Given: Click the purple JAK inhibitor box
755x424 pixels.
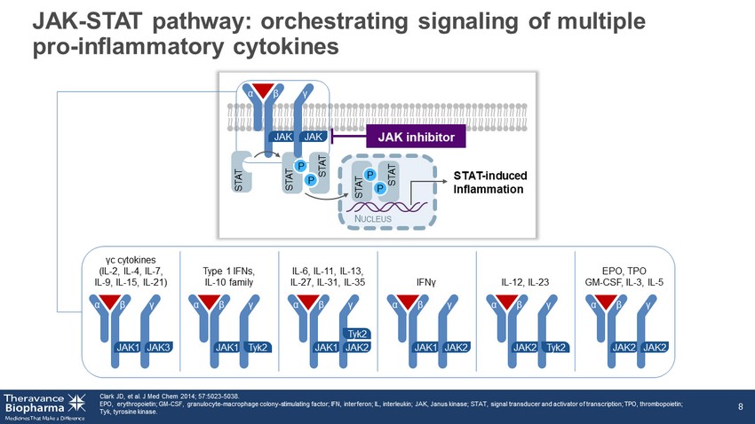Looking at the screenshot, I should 417,137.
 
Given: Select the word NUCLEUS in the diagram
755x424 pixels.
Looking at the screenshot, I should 379,219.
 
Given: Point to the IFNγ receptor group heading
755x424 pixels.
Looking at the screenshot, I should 426,282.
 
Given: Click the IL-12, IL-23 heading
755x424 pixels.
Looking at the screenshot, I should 526,282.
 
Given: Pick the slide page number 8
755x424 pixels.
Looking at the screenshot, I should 740,406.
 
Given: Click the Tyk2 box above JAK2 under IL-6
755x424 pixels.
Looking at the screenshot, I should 357,334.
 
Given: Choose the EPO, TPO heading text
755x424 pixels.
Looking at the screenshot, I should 625,270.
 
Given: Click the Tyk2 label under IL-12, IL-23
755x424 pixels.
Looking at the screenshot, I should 556,347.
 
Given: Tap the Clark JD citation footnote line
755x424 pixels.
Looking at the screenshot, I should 169,396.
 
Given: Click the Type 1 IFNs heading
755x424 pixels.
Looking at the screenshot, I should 227,270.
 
